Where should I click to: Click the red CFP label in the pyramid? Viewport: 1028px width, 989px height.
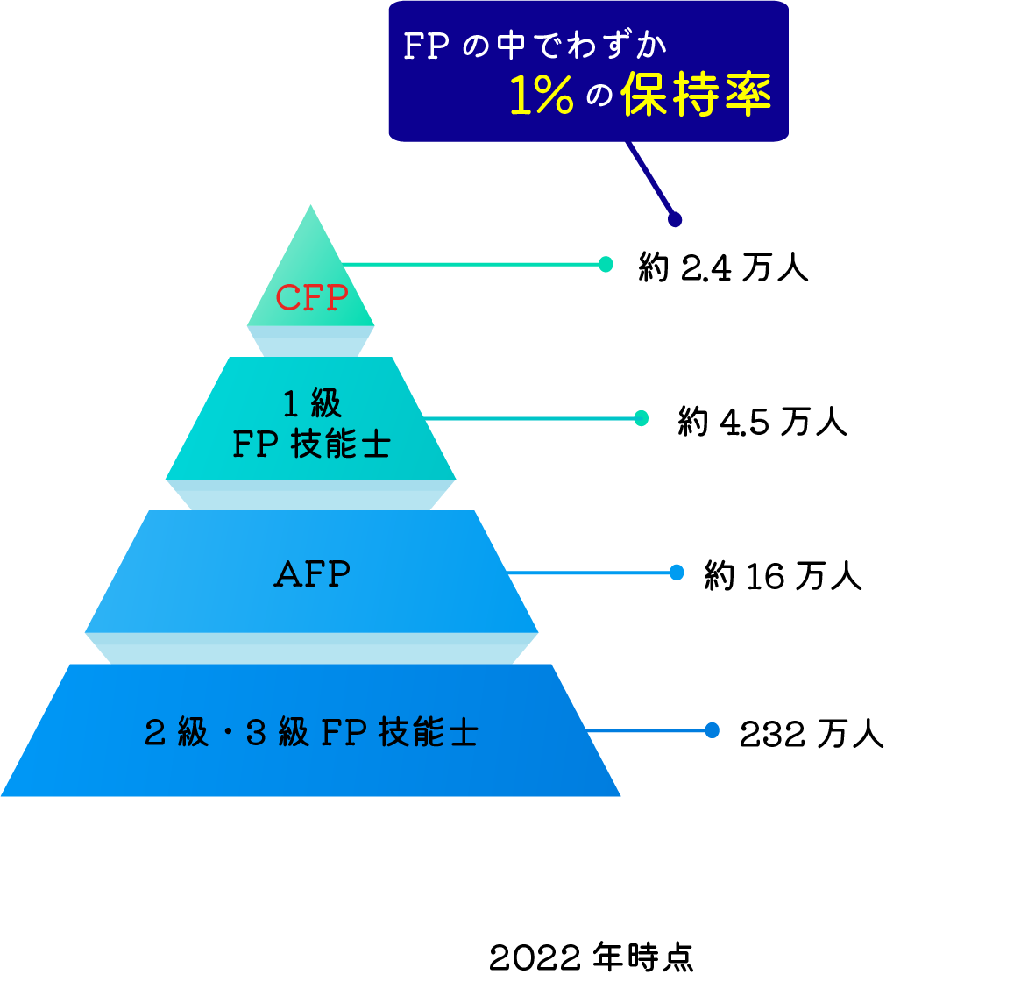(x=311, y=298)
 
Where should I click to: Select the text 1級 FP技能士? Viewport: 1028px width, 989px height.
(x=311, y=425)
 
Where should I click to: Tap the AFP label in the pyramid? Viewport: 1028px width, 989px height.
(x=312, y=575)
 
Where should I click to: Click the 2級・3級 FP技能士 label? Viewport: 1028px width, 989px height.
(x=311, y=732)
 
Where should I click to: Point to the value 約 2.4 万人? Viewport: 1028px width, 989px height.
(x=723, y=267)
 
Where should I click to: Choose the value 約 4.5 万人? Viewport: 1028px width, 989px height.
(x=762, y=422)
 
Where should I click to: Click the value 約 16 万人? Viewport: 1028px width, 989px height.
(x=783, y=576)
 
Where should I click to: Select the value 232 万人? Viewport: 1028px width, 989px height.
(x=812, y=734)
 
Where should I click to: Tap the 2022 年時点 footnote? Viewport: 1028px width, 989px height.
(x=591, y=957)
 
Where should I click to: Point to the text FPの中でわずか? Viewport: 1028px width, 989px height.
(x=535, y=46)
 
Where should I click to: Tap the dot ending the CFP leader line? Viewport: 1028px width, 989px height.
(x=606, y=264)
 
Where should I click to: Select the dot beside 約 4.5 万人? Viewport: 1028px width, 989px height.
(x=641, y=418)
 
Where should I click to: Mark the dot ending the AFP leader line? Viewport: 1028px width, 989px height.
(x=677, y=573)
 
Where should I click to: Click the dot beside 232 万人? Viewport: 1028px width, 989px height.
(x=712, y=730)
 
